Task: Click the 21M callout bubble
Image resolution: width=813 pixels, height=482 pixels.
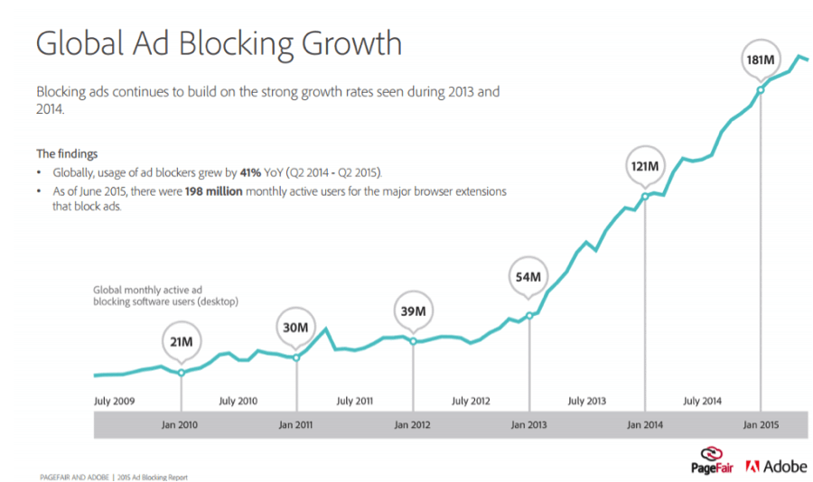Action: (x=182, y=341)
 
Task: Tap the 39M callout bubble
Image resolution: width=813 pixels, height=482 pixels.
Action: (x=413, y=311)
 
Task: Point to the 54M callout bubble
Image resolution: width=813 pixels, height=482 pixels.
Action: (x=528, y=276)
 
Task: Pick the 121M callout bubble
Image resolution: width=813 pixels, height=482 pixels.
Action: (x=645, y=167)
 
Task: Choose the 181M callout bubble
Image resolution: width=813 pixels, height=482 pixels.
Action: (x=760, y=60)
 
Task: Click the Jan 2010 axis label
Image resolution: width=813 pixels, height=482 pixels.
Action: (x=182, y=424)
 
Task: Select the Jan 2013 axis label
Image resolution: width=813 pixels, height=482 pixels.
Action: (x=528, y=424)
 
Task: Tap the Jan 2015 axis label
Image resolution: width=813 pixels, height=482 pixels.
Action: (x=762, y=424)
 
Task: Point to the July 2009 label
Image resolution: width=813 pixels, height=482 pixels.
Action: (x=115, y=401)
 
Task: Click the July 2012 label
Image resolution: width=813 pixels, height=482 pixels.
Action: (x=471, y=401)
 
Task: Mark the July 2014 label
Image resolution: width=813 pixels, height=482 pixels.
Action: (x=702, y=401)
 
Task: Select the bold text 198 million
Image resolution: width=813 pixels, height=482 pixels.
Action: (x=210, y=192)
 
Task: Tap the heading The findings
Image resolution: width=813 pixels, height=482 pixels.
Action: (x=67, y=153)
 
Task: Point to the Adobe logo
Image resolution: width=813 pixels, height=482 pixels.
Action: (x=776, y=467)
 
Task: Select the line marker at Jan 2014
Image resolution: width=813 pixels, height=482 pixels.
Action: (x=645, y=196)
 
